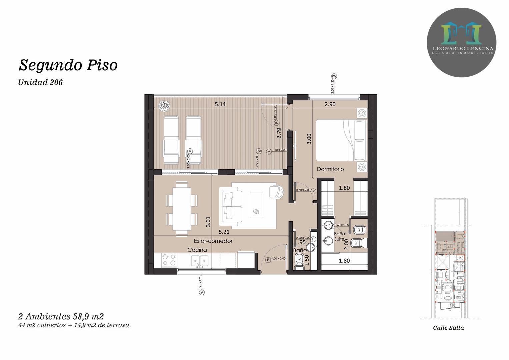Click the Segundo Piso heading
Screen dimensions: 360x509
(68, 65)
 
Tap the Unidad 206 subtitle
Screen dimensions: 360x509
(40, 82)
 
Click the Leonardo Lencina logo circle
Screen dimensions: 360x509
(461, 43)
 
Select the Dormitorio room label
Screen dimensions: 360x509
(330, 169)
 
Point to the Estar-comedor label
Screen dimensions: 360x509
(213, 241)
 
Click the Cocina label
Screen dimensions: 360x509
(197, 250)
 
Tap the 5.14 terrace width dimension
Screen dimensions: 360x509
(220, 104)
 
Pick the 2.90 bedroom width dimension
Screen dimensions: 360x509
(330, 104)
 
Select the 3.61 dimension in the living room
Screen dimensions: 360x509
(208, 222)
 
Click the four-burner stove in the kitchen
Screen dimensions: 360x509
(169, 260)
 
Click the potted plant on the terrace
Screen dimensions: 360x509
(164, 106)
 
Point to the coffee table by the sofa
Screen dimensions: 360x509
(256, 205)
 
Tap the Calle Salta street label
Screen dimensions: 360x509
(448, 328)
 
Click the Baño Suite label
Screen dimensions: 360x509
(340, 236)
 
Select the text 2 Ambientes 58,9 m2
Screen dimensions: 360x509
(61, 316)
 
